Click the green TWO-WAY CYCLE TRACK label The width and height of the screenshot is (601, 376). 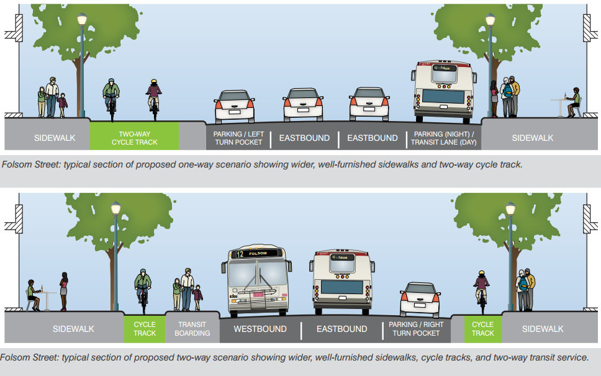click(x=134, y=138)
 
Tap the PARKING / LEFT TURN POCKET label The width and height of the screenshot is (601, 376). click(x=238, y=138)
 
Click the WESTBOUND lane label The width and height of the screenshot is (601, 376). click(x=260, y=329)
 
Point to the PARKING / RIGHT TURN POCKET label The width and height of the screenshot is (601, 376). click(x=416, y=328)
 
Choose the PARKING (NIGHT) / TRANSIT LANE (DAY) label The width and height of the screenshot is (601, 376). click(x=443, y=138)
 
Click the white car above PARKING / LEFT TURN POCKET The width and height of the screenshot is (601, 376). click(x=234, y=107)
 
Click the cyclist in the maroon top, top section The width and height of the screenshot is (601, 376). click(x=153, y=96)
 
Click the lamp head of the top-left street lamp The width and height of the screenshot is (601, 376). click(x=82, y=20)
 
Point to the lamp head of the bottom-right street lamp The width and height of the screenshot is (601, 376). click(x=510, y=209)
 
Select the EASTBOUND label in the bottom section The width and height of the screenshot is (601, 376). click(x=341, y=329)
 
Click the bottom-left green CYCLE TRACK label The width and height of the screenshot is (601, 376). click(x=145, y=328)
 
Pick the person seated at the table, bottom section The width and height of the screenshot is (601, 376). click(x=33, y=295)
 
